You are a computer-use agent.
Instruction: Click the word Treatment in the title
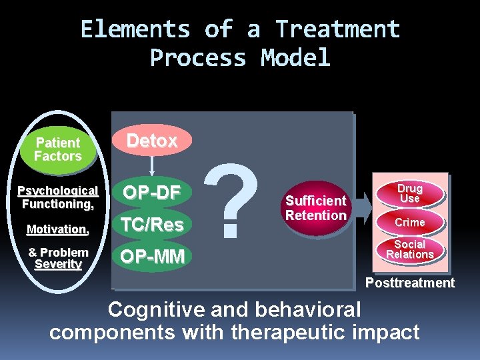coord(338,29)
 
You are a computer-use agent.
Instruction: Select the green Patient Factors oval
coord(58,149)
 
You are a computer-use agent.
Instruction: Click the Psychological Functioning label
coord(58,197)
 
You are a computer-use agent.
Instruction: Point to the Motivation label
coord(58,230)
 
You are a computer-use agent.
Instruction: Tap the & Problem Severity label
coord(58,259)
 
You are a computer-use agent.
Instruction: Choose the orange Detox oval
coord(152,141)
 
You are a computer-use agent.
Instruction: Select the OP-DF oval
coord(152,193)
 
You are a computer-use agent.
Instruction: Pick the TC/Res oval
coord(152,225)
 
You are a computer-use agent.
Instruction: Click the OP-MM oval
coord(152,257)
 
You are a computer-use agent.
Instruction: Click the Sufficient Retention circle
coord(316,208)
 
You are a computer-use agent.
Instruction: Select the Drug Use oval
coord(409,193)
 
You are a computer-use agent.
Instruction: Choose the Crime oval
coord(409,222)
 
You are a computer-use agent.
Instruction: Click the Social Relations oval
coord(409,250)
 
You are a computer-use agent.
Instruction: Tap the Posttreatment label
coord(409,283)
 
